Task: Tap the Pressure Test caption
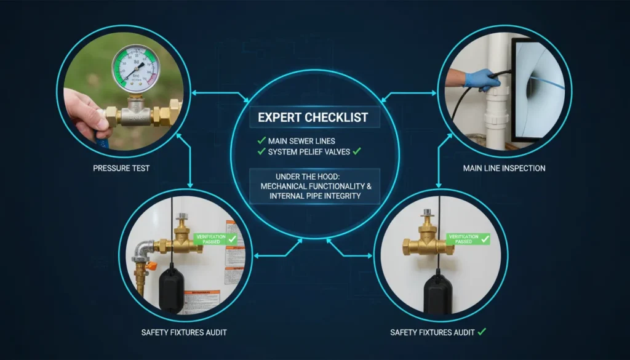(122, 168)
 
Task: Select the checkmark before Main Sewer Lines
(263, 140)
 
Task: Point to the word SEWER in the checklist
(300, 140)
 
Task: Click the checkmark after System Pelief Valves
(356, 150)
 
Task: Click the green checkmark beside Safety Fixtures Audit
(482, 332)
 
